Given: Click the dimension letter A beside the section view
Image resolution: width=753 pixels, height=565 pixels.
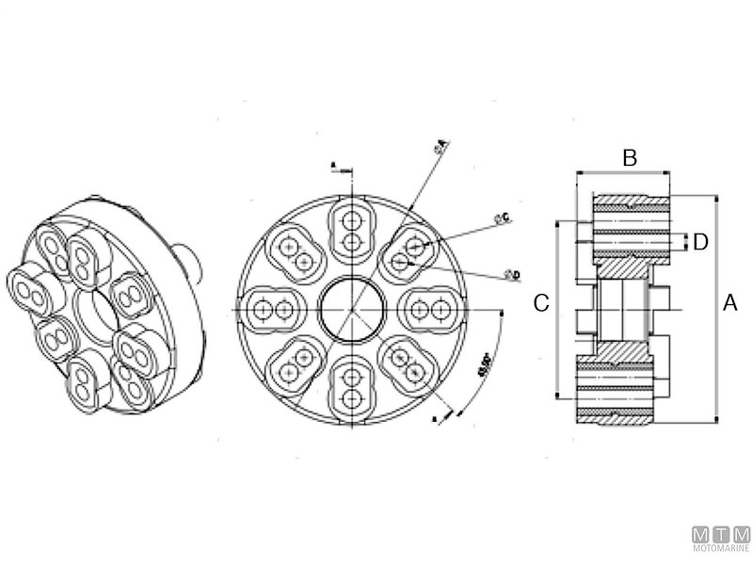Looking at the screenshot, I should (730, 303).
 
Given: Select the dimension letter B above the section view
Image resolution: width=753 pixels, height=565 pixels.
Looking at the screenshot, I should (631, 158).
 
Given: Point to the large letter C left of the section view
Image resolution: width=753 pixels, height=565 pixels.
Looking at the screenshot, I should (541, 303).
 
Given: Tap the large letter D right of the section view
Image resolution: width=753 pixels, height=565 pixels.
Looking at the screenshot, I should (700, 242).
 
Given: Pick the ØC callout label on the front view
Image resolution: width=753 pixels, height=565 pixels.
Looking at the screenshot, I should (502, 218).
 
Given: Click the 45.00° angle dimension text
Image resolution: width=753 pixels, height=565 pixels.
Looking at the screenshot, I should (485, 365).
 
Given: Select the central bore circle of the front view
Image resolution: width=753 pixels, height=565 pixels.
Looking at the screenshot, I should (352, 308).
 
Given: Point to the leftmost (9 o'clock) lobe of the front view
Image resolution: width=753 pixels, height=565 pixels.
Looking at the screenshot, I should (274, 309).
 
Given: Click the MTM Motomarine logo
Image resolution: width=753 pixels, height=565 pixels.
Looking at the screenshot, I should (721, 538).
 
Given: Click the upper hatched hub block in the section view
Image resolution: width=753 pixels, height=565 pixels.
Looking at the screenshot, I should (622, 266).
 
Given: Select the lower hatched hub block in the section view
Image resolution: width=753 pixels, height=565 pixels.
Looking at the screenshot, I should (622, 349).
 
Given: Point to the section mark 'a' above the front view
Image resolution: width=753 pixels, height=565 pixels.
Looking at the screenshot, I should (333, 166).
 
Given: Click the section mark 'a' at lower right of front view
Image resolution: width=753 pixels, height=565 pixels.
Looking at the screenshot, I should (432, 417).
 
